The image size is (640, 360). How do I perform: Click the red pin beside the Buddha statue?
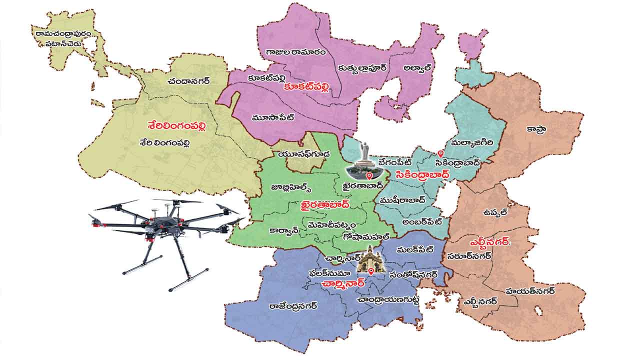click(x=369, y=176)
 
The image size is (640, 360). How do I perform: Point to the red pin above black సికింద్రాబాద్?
click(x=440, y=153)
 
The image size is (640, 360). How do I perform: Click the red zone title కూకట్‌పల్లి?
click(x=307, y=88)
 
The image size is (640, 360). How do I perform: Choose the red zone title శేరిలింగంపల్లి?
click(x=176, y=125)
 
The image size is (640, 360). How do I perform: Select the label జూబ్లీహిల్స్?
click(x=291, y=187)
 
